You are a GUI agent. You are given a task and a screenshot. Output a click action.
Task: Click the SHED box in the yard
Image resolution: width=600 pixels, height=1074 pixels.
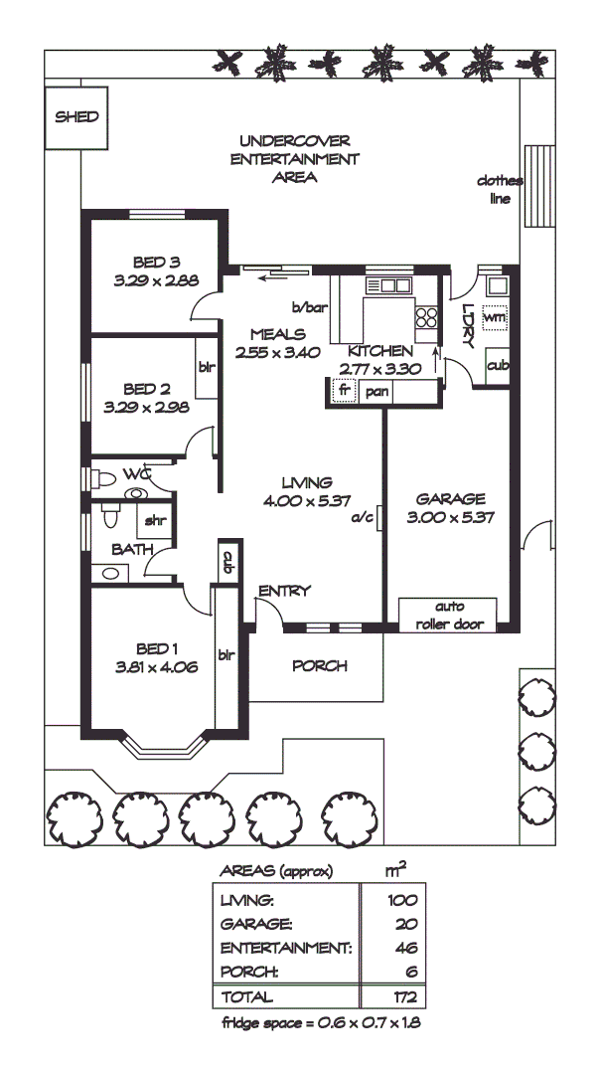click(76, 116)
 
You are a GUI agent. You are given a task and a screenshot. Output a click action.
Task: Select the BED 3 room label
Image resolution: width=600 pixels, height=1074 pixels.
click(156, 263)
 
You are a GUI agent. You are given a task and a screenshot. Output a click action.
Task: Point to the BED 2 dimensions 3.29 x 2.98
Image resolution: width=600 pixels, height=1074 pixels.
click(146, 406)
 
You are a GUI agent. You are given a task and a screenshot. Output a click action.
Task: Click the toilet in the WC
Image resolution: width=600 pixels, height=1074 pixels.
click(103, 478)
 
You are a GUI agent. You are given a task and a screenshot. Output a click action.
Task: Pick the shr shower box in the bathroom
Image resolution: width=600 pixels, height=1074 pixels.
click(156, 520)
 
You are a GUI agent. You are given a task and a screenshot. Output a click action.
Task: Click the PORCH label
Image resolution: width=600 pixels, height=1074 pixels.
click(320, 665)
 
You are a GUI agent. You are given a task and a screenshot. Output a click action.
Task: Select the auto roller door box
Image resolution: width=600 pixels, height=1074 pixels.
click(446, 614)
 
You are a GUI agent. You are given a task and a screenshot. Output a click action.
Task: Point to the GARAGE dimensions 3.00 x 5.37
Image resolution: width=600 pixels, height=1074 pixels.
click(451, 516)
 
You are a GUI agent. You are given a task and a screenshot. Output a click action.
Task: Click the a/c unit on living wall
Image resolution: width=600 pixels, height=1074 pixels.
click(378, 518)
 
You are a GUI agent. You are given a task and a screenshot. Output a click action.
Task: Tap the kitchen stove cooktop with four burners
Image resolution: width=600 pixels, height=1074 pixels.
click(427, 317)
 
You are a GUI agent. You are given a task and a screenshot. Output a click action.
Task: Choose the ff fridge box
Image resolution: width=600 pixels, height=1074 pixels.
click(343, 391)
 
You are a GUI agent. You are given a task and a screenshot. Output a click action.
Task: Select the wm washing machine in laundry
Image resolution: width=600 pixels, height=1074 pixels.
click(495, 317)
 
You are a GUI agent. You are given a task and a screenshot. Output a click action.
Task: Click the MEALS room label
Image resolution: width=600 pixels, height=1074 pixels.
click(277, 334)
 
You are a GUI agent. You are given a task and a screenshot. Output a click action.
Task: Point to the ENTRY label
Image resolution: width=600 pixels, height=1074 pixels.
click(284, 591)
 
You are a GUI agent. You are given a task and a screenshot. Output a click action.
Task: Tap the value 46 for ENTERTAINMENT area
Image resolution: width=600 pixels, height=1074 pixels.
click(404, 947)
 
